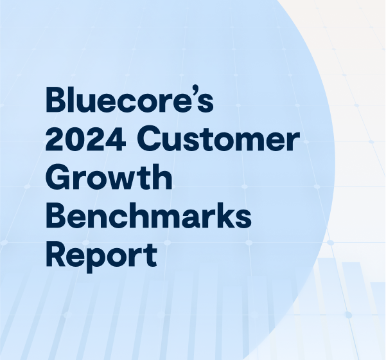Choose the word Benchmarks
click(x=148, y=217)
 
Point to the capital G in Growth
click(x=58, y=179)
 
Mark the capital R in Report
click(x=57, y=255)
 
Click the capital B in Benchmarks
click(x=57, y=217)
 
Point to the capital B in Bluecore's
click(x=57, y=101)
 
